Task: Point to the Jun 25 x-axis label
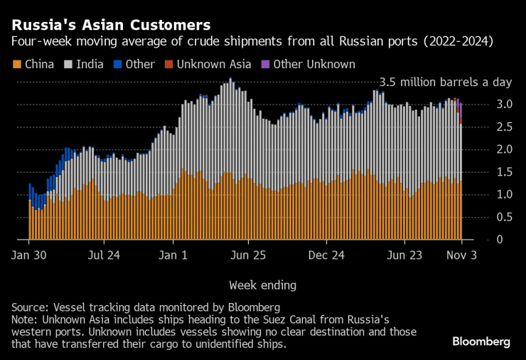(x=249, y=254)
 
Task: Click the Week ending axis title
(x=262, y=285)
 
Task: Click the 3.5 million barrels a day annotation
(x=446, y=82)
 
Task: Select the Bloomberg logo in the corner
(x=481, y=342)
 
